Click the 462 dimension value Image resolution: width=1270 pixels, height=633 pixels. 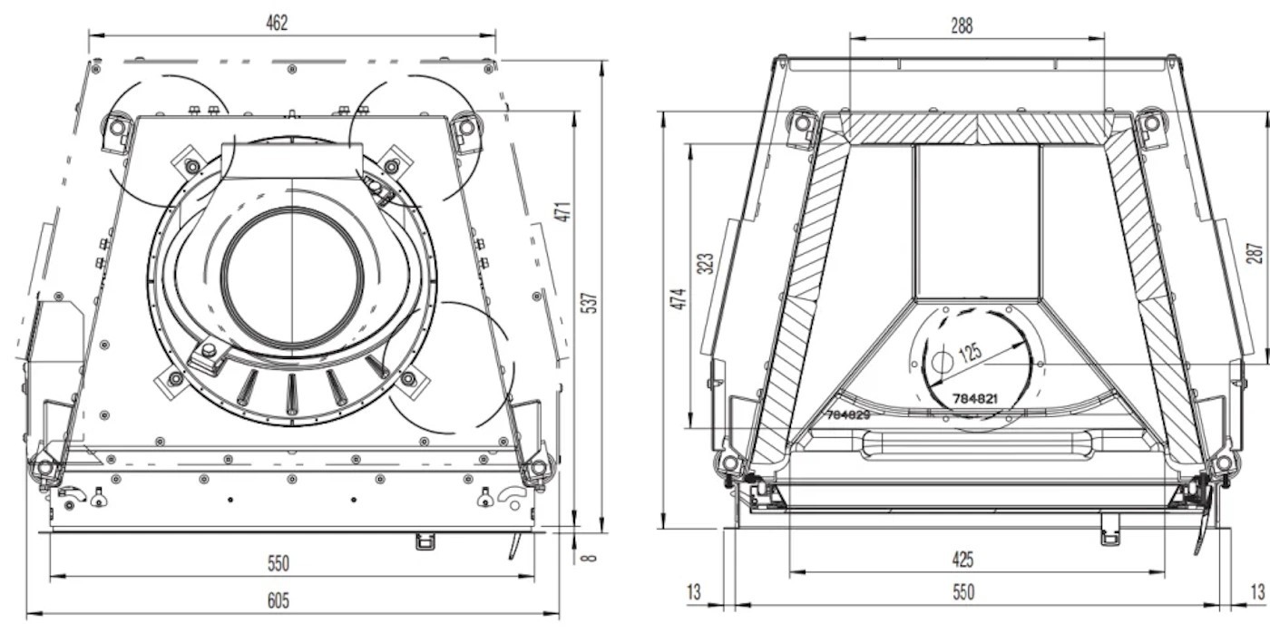277,24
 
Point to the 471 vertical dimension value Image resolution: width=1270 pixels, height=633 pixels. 562,211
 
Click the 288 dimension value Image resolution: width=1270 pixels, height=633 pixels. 962,26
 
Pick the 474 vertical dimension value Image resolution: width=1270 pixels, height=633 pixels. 678,297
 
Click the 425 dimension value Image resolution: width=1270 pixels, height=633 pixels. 963,560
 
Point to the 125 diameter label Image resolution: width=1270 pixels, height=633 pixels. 971,352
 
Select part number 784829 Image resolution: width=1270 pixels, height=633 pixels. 848,414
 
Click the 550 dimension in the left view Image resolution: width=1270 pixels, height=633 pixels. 278,563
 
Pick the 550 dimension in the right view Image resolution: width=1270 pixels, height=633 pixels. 963,592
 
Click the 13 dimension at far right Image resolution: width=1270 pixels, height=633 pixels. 1256,592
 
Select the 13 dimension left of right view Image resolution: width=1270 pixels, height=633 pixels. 694,592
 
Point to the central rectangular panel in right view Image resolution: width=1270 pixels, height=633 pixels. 978,222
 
